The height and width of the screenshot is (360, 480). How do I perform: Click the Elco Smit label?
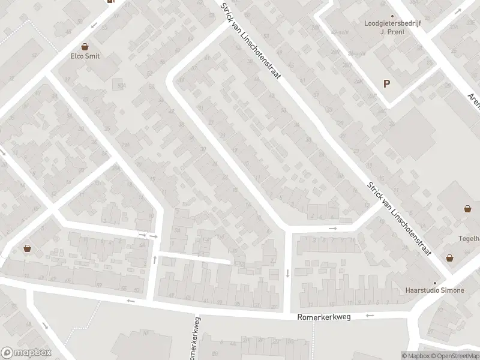pyautogui.click(x=85, y=56)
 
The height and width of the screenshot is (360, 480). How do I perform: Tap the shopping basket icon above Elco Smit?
pyautogui.click(x=85, y=46)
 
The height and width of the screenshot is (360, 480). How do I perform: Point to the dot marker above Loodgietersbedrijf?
pyautogui.click(x=392, y=16)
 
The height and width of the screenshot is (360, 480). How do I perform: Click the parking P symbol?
pyautogui.click(x=387, y=84)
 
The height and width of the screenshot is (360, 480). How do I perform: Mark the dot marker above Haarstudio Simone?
pyautogui.click(x=436, y=282)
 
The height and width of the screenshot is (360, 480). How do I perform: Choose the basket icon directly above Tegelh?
pyautogui.click(x=467, y=209)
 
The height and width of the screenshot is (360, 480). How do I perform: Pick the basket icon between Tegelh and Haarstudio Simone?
pyautogui.click(x=449, y=257)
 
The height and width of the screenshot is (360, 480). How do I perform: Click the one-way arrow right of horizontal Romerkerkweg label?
pyautogui.click(x=370, y=315)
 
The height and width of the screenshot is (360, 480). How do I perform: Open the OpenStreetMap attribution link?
pyautogui.click(x=455, y=356)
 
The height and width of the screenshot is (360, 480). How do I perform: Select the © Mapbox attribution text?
pyautogui.click(x=415, y=356)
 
